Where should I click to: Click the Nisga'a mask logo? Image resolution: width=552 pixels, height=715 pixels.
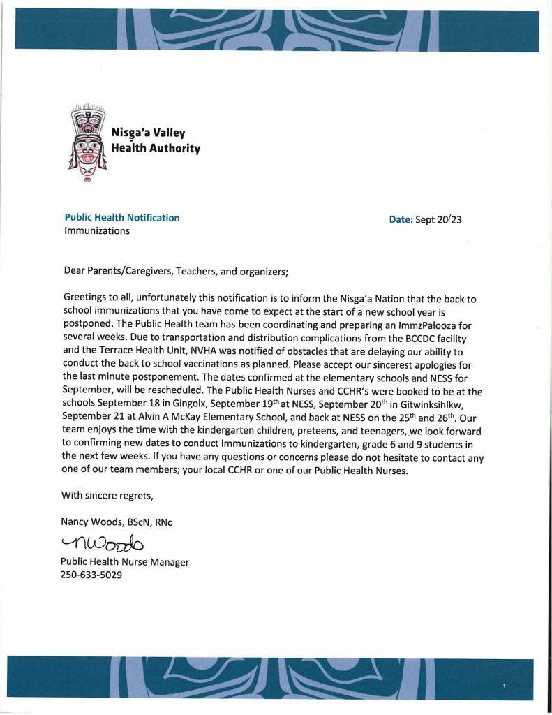[86, 142]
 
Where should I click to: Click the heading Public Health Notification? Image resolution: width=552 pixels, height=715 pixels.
[122, 218]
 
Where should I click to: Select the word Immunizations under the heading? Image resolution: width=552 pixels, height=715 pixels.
[97, 231]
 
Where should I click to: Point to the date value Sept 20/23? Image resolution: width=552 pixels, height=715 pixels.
[439, 219]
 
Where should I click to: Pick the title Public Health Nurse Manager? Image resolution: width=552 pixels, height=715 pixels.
[125, 561]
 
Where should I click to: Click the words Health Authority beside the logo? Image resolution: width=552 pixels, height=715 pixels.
[156, 148]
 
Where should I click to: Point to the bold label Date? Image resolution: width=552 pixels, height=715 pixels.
[401, 219]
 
